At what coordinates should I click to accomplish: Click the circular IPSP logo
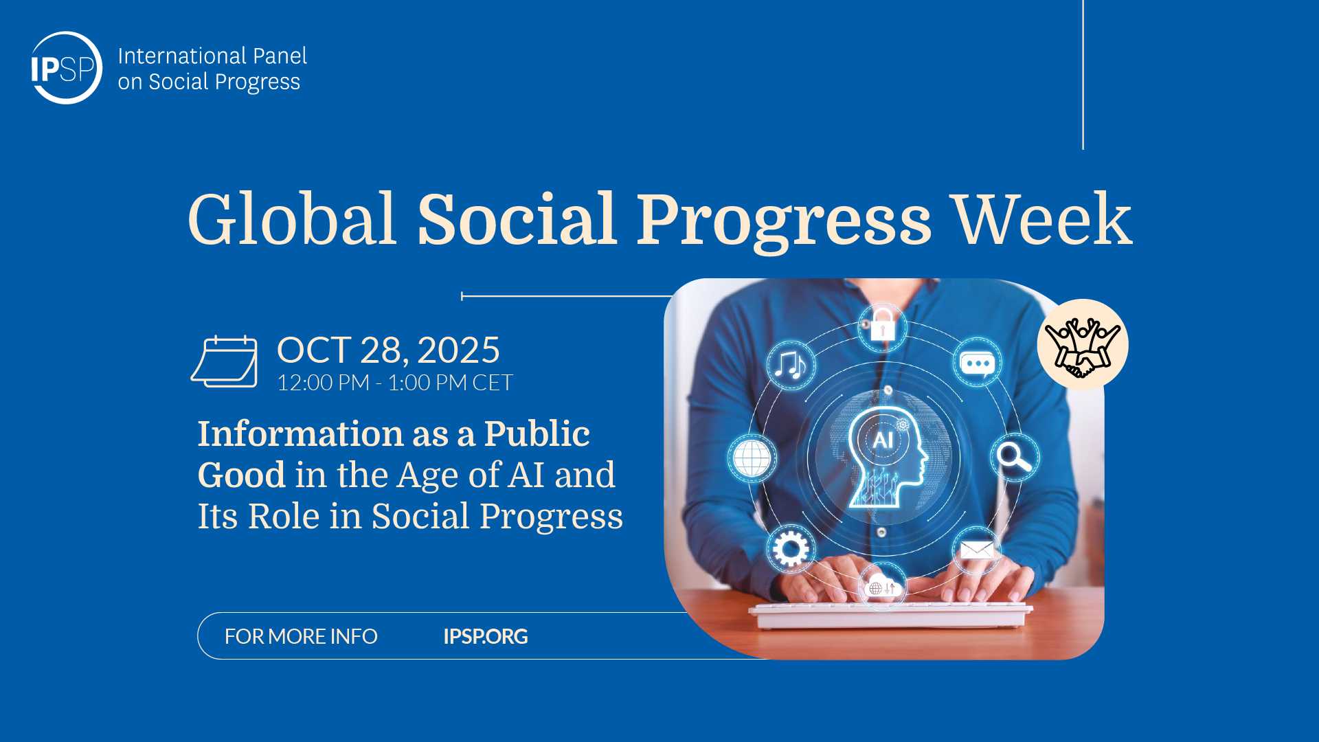66,67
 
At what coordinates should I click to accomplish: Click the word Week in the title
1042,219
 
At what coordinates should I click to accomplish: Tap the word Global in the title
292,219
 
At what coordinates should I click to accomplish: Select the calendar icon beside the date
224,361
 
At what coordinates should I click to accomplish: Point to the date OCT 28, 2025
388,350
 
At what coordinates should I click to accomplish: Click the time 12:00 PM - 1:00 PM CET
395,383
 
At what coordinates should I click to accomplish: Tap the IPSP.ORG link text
486,636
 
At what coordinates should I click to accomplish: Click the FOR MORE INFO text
301,636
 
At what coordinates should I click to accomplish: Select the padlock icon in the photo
883,325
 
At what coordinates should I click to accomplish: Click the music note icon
791,364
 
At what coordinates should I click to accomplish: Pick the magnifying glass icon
1014,457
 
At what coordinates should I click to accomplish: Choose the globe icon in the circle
752,458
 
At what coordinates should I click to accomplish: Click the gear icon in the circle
791,549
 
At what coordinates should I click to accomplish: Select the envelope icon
976,550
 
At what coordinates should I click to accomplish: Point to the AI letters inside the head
883,440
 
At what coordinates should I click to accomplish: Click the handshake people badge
1083,344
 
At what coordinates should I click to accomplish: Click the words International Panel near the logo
212,56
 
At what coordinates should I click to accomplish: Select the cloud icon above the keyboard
883,586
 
